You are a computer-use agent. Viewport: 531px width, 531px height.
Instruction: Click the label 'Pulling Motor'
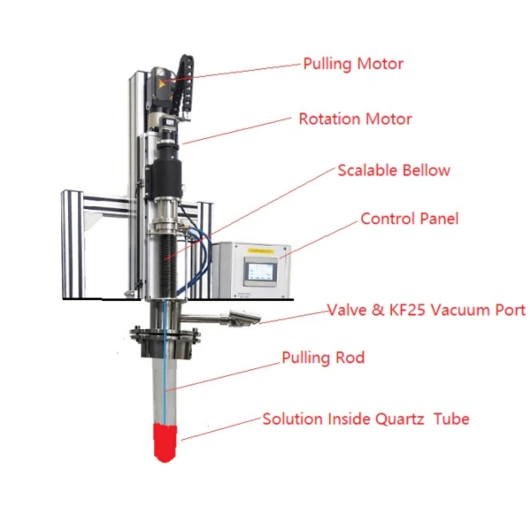click(x=352, y=65)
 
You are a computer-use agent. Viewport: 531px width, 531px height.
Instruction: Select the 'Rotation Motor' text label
click(x=355, y=119)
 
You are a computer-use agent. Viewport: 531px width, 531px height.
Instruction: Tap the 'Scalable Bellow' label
click(x=393, y=171)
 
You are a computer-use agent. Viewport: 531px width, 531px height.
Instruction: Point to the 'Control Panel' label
click(x=409, y=219)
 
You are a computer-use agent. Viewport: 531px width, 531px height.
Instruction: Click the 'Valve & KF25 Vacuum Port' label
click(x=427, y=311)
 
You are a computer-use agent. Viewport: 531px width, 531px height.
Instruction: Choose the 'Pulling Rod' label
click(x=323, y=358)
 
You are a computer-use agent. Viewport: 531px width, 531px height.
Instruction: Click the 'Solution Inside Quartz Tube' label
click(x=366, y=419)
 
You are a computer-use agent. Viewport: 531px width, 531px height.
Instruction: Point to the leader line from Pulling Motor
click(x=239, y=72)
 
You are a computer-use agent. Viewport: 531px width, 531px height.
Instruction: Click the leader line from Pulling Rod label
click(x=221, y=375)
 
